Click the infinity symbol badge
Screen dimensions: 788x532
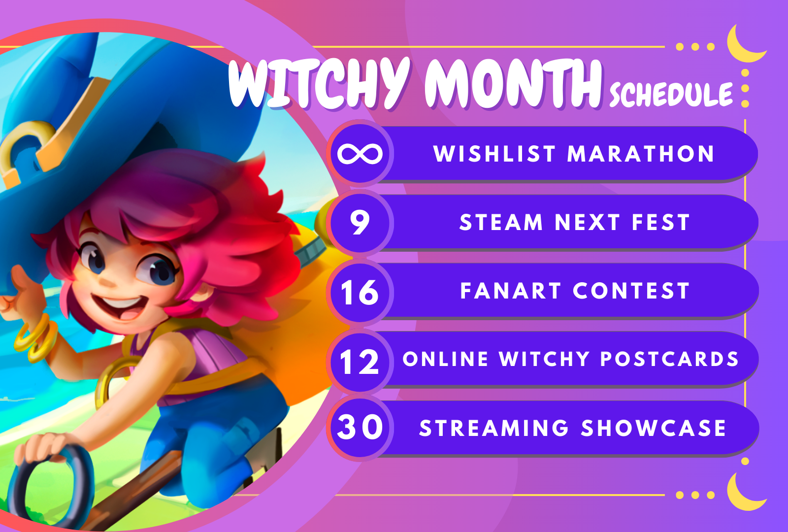click(360, 154)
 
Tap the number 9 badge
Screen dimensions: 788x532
click(360, 222)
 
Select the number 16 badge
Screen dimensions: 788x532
click(360, 292)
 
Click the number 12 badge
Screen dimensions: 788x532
click(360, 361)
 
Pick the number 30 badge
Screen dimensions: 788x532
click(360, 427)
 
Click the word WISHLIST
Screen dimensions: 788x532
click(494, 154)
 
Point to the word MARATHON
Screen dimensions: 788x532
click(641, 154)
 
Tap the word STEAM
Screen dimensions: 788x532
click(501, 222)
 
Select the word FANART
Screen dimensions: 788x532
click(510, 291)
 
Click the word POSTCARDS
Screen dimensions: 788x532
click(669, 359)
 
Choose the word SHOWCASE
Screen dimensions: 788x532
click(653, 428)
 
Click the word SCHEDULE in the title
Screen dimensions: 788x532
click(671, 94)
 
